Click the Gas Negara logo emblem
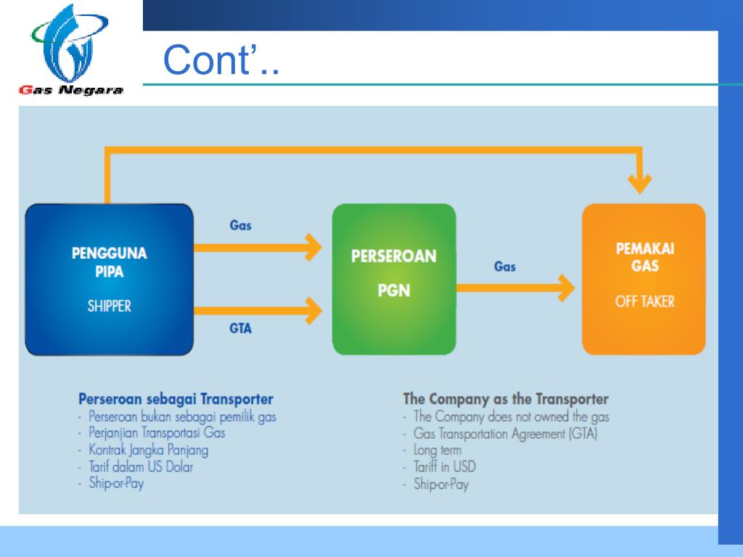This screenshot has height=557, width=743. [x=70, y=44]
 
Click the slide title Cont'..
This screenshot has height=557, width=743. [x=221, y=59]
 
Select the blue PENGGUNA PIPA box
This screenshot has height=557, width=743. [x=109, y=279]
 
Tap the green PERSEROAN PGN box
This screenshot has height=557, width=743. [x=394, y=279]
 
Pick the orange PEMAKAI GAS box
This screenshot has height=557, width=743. [x=644, y=279]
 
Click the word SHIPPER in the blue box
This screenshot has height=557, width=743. [x=109, y=306]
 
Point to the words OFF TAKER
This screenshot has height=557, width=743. [x=644, y=301]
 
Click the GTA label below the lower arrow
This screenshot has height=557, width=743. [x=240, y=329]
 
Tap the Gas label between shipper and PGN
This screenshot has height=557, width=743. [x=240, y=225]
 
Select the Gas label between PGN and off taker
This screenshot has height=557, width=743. [x=505, y=267]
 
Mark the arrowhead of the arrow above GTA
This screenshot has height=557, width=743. [x=313, y=310]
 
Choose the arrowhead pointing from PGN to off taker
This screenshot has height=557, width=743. [x=566, y=288]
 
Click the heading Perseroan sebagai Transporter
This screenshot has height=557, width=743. [x=176, y=400]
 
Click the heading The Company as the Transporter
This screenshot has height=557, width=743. [x=506, y=400]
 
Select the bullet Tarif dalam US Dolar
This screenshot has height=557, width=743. [x=141, y=467]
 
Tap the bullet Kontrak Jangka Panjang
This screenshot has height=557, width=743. [x=148, y=450]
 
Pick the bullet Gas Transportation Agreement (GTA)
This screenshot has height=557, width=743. [x=505, y=434]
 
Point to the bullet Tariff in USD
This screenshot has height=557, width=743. [x=445, y=467]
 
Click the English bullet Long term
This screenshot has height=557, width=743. [x=438, y=450]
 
